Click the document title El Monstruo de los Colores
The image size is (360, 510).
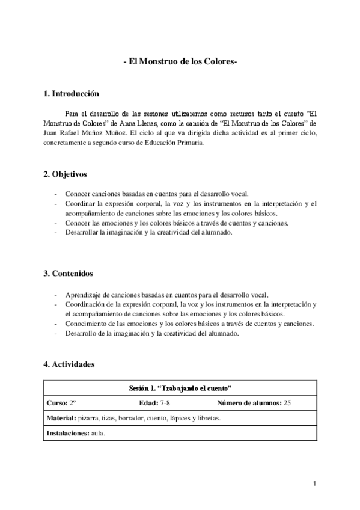pos(180,63)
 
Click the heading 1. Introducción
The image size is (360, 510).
pos(72,94)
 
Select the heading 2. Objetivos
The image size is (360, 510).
pos(66,174)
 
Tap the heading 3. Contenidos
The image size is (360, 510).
pos(68,274)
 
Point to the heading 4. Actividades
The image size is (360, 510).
pos(69,364)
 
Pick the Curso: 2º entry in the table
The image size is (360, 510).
pos(61,403)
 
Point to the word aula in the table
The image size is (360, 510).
pos(97,432)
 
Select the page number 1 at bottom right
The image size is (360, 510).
pos(314,484)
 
